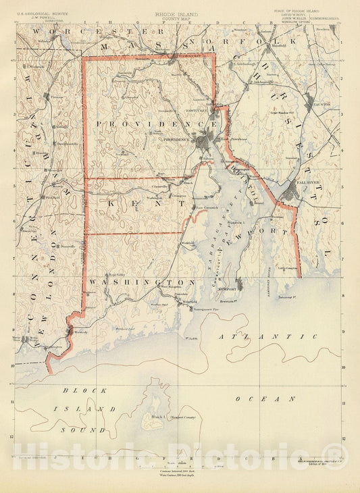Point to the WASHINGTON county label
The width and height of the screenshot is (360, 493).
coord(141,282)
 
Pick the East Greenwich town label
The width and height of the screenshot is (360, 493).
coord(204,207)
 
